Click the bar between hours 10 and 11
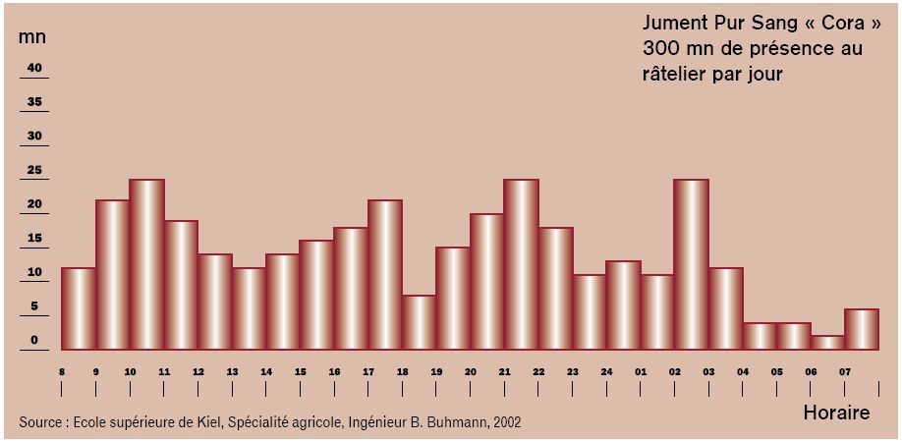click(x=146, y=264)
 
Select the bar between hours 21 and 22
click(x=521, y=264)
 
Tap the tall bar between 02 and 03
click(x=691, y=264)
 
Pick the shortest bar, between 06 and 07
click(x=826, y=343)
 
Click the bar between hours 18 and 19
click(x=419, y=322)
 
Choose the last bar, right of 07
click(x=861, y=329)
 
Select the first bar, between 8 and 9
click(x=79, y=308)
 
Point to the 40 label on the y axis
click(x=34, y=68)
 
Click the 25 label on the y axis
click(x=34, y=170)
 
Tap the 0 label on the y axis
click(x=34, y=340)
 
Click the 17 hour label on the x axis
click(x=368, y=372)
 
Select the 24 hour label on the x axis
click(x=606, y=372)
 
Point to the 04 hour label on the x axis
click(x=743, y=372)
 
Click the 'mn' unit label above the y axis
click(x=31, y=36)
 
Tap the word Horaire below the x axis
click(x=836, y=413)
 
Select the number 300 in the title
click(x=660, y=48)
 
